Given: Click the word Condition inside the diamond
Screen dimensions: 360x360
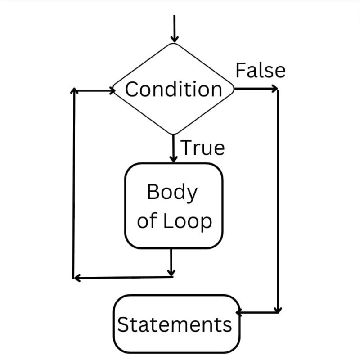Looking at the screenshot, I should click(x=174, y=90).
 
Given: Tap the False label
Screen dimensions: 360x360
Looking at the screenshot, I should click(x=261, y=71).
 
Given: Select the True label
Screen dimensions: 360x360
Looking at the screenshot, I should click(x=202, y=148).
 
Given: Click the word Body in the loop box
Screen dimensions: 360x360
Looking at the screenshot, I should click(x=172, y=193).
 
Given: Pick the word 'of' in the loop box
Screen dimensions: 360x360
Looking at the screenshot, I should click(x=147, y=222).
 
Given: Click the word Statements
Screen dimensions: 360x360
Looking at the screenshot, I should click(x=175, y=324).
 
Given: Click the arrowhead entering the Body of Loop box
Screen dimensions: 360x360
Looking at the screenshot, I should click(x=174, y=158).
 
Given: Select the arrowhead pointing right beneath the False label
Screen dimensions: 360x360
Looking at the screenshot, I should click(x=274, y=89).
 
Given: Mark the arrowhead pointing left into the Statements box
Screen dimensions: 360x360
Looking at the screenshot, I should click(x=240, y=311).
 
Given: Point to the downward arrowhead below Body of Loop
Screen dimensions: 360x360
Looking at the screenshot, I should click(x=171, y=272).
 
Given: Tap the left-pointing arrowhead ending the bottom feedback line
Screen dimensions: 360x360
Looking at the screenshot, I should click(x=76, y=278).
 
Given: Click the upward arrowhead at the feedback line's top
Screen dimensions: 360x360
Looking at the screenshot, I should click(x=74, y=91).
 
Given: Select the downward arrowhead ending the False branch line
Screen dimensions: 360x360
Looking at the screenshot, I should click(x=278, y=309).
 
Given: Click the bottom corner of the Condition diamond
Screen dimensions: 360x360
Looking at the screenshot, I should click(x=174, y=134).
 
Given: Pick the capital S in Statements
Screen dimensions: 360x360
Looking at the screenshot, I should click(x=123, y=324).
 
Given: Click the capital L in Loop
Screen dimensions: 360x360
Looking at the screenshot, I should click(x=166, y=221).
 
